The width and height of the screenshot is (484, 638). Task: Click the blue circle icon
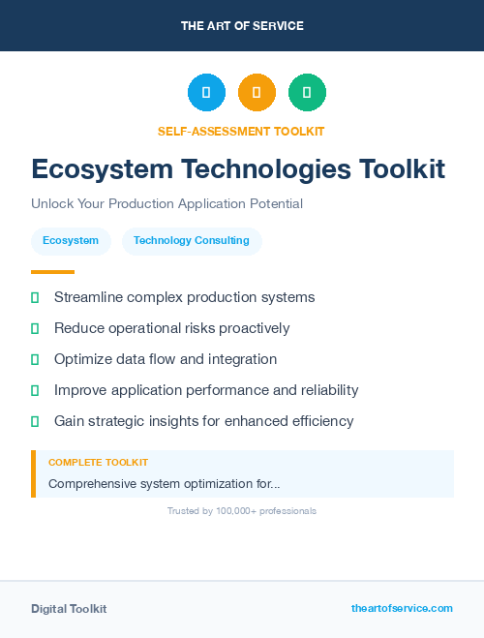click(206, 92)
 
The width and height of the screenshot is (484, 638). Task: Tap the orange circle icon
click(257, 92)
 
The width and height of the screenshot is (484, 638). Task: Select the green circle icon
click(307, 92)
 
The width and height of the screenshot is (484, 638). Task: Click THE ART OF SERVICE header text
click(242, 26)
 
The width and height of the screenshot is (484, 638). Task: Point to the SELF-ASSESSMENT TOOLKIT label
click(241, 131)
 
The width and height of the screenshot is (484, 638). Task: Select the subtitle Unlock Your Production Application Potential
click(166, 204)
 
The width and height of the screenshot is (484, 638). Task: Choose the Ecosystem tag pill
click(71, 241)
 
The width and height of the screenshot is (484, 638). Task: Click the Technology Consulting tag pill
click(192, 241)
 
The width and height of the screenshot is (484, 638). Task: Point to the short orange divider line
click(52, 272)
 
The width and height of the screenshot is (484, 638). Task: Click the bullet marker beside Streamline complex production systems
click(35, 297)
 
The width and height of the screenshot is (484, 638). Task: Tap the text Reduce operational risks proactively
click(171, 328)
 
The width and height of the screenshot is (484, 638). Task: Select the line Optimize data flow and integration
click(166, 359)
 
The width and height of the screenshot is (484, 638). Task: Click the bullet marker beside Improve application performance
click(35, 390)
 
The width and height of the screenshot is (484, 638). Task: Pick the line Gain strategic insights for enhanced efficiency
click(203, 421)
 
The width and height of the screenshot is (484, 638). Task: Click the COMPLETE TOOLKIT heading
click(98, 463)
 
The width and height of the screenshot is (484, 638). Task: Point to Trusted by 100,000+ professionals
click(242, 511)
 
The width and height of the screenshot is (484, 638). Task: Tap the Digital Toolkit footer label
click(69, 609)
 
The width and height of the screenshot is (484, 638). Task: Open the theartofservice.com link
click(402, 608)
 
